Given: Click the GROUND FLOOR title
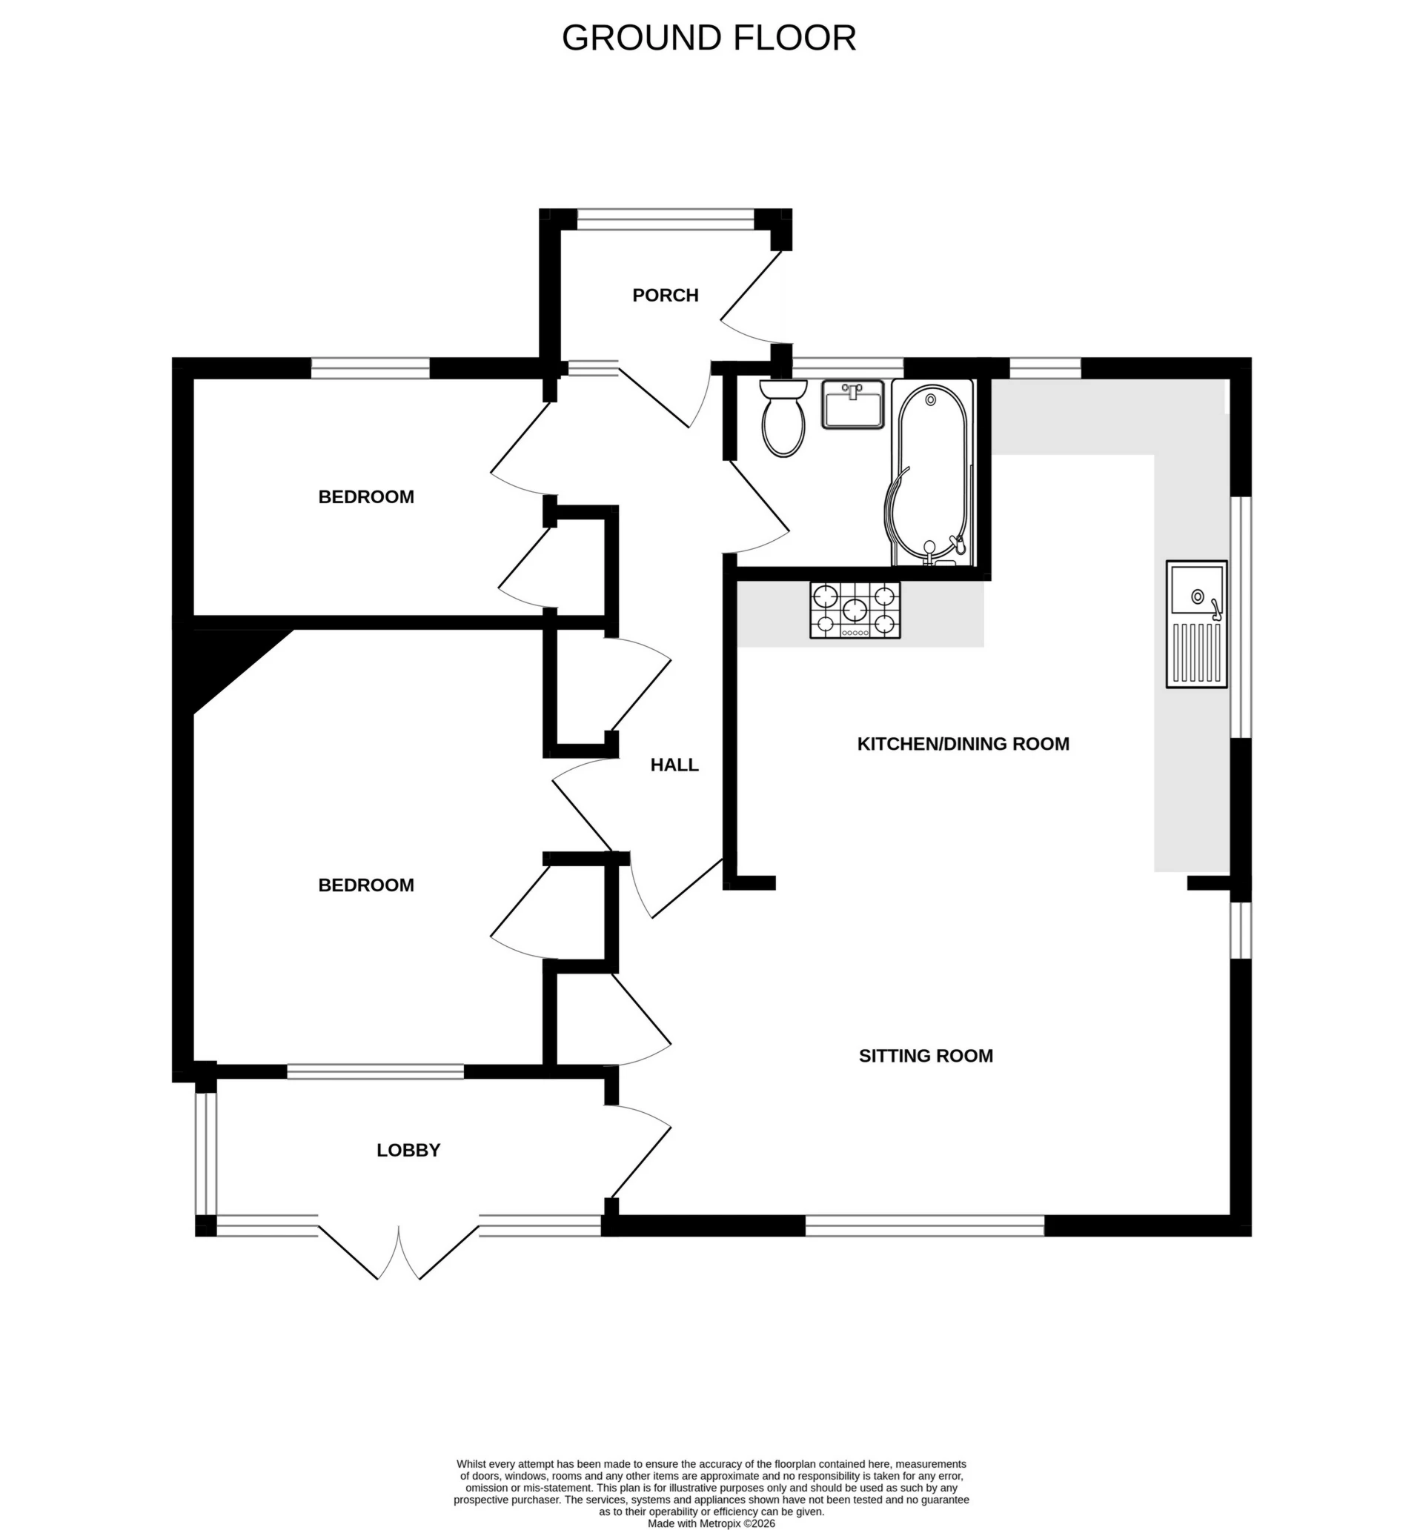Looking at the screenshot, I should (709, 39).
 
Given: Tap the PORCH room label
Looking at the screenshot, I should (666, 296).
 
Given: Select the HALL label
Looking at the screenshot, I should (674, 765).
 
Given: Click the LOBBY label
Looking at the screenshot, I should (408, 1150).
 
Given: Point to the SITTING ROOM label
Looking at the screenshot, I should (926, 1056).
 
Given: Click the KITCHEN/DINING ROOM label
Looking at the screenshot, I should (963, 744).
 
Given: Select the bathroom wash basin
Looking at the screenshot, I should (852, 404).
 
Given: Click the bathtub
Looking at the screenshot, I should (932, 473).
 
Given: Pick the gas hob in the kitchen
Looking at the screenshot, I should (855, 611).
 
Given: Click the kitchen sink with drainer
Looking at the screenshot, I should (1196, 624).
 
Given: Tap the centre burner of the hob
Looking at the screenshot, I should (855, 611).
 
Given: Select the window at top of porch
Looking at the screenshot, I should (666, 219).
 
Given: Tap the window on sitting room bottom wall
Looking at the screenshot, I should (924, 1225).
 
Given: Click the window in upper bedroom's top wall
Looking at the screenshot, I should (370, 369).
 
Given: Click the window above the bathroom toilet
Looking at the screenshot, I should (847, 368).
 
